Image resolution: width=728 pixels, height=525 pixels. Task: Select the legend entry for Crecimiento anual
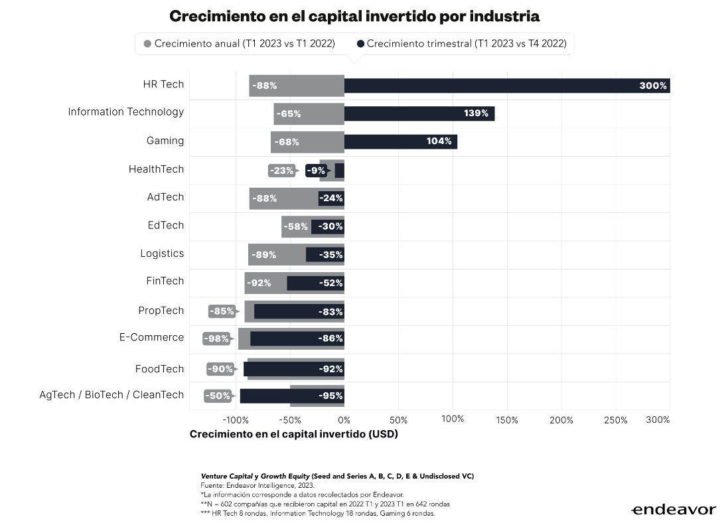point(239,44)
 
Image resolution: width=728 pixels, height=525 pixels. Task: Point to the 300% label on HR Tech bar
point(652,86)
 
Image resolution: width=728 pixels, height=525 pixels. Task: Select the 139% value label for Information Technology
point(476,113)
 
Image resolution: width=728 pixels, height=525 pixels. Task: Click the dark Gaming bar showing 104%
point(400,141)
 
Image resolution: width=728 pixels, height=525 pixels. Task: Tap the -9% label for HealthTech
point(316,171)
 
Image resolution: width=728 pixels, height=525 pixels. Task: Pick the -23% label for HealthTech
point(281,171)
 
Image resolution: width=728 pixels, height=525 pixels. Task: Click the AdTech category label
point(165,197)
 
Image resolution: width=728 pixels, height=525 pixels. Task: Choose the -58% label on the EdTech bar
point(296,226)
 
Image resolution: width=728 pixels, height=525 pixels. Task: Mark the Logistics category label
point(162,254)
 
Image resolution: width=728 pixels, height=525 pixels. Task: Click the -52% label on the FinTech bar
point(330,283)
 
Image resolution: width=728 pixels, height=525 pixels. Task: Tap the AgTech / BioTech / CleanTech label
point(111,395)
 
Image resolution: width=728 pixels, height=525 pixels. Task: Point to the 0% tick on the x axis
point(344,420)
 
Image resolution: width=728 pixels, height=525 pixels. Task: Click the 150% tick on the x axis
point(507,420)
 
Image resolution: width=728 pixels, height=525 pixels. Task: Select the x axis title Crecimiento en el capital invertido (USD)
point(293,435)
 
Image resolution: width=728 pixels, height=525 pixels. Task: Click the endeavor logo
point(672,510)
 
